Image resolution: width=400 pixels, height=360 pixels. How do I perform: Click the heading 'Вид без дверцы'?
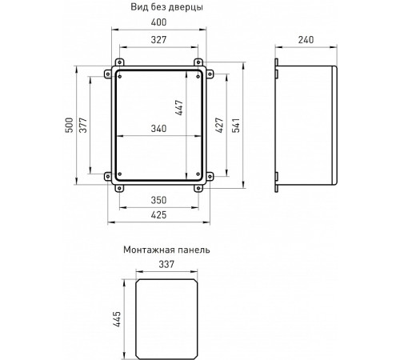[x=166, y=7]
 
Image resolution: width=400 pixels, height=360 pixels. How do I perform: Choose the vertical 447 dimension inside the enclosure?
[x=180, y=108]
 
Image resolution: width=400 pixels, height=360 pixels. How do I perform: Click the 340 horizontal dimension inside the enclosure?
[x=159, y=129]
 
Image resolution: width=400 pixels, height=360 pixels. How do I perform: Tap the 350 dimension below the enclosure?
[x=159, y=199]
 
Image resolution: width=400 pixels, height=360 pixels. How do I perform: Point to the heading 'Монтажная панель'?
[x=166, y=250]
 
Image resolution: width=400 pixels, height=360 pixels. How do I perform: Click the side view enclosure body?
[x=308, y=124]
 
